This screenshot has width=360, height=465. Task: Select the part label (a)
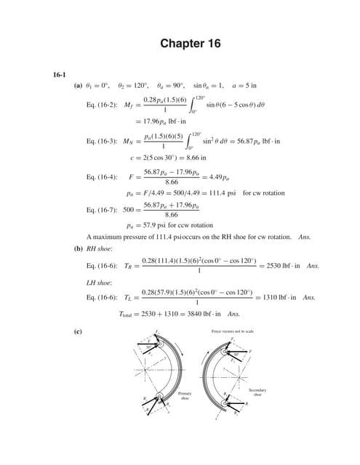click(x=79, y=86)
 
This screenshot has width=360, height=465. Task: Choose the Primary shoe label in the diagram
click(x=185, y=395)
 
